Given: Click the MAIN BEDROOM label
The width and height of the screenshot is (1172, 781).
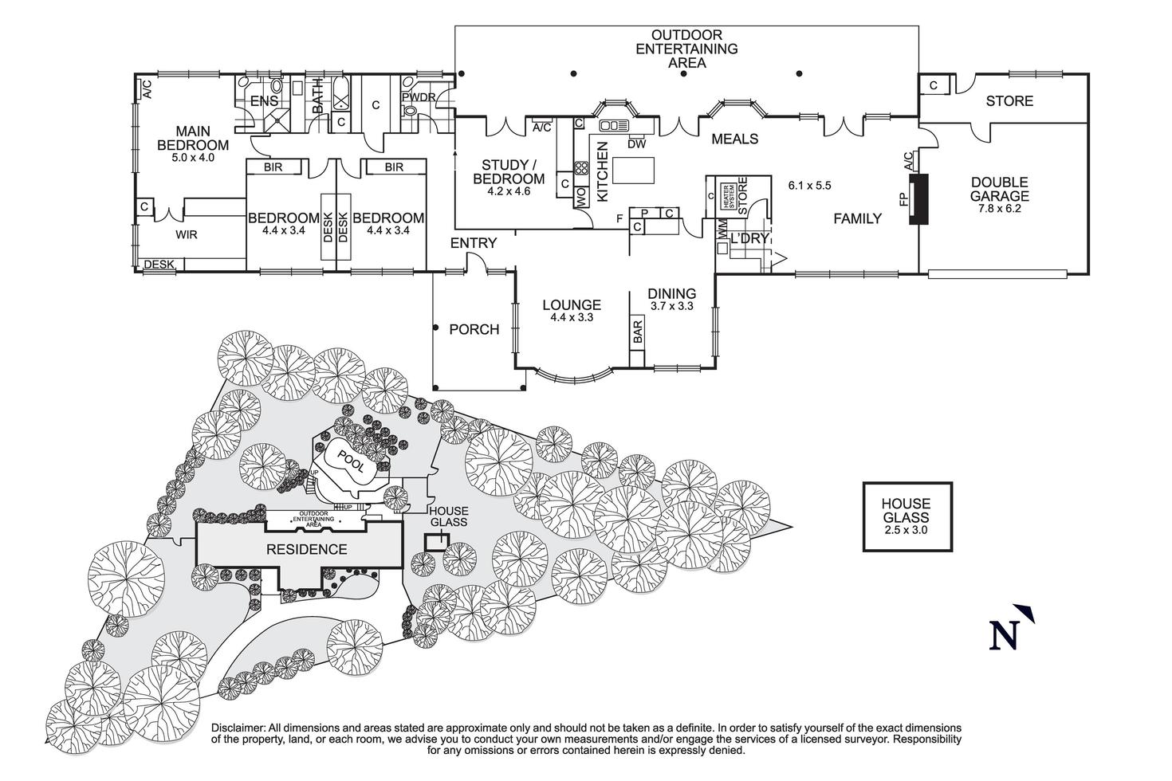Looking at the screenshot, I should (192, 138).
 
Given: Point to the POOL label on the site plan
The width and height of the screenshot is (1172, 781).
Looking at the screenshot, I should (349, 462).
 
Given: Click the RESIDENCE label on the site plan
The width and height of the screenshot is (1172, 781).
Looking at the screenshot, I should (306, 549).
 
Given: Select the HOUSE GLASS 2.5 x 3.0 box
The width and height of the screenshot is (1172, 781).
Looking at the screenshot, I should (907, 516).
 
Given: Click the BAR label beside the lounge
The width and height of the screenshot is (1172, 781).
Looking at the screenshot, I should (638, 332).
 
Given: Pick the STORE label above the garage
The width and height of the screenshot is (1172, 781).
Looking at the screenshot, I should (1009, 101).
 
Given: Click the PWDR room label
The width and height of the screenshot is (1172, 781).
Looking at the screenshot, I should (418, 98).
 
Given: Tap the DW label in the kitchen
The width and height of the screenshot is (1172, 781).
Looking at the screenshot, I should (636, 144).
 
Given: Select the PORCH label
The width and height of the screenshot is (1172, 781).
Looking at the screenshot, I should (474, 329).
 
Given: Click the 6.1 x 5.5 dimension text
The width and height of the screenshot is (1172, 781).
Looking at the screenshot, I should (809, 185).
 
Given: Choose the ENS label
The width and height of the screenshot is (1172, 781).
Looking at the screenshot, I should (264, 101).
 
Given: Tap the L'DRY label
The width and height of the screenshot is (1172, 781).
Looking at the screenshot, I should (749, 238).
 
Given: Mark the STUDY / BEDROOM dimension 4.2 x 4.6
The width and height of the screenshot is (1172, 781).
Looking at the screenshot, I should (508, 191).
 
